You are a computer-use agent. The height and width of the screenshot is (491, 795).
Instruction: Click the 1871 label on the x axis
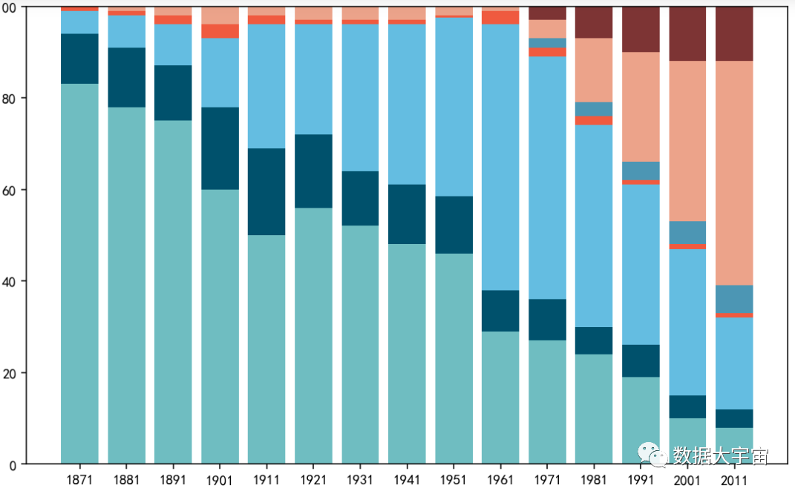point(79,480)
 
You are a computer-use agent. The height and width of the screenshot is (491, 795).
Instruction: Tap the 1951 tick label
point(454,480)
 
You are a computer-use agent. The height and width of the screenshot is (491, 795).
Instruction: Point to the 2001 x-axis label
point(687,480)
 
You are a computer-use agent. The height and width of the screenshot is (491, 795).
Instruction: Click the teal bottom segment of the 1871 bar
point(79,274)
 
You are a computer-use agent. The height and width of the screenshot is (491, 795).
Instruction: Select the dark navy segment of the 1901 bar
point(220,148)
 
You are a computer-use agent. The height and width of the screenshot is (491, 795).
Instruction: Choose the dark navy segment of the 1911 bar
point(266,191)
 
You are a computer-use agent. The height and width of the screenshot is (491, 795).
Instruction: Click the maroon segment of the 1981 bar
point(594,22)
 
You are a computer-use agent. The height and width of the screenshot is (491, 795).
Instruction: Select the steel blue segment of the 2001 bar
point(687,232)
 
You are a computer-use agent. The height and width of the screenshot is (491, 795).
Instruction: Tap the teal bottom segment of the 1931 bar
point(360,344)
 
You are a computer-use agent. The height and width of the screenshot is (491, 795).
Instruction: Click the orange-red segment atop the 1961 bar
point(500,17)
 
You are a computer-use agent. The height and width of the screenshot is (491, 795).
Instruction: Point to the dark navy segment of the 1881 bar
point(126,77)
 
